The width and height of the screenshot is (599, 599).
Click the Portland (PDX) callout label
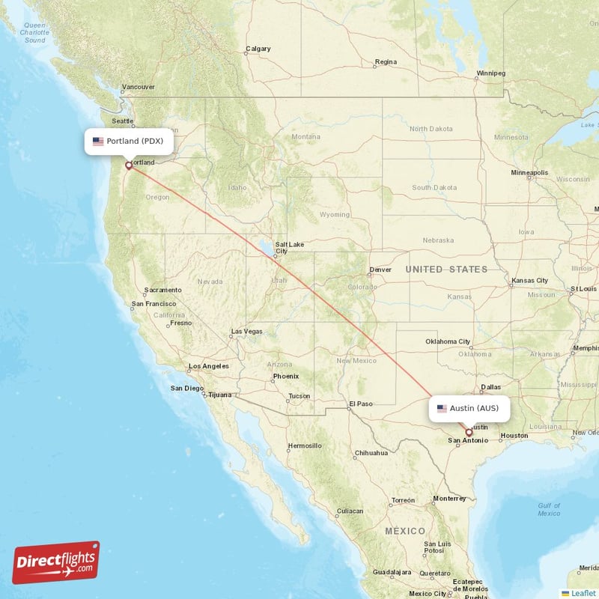point(129,141)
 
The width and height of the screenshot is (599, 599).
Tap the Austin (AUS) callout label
point(469,408)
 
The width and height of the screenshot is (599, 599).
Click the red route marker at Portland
point(129,165)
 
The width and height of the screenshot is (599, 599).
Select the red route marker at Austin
point(469,432)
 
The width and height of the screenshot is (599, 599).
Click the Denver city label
point(380,270)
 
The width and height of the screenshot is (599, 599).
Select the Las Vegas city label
point(246,331)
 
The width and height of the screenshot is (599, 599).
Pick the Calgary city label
point(258,49)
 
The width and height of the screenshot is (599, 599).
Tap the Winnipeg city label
point(491,73)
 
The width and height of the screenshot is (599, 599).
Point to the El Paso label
point(360,404)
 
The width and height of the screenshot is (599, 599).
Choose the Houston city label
point(514,436)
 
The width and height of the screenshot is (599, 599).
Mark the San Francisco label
point(153,304)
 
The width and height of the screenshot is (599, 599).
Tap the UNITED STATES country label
point(446,269)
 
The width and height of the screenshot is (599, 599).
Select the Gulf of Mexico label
point(549,509)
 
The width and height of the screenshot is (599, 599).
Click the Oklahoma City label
point(448,341)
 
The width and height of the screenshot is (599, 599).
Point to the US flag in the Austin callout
point(442,409)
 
